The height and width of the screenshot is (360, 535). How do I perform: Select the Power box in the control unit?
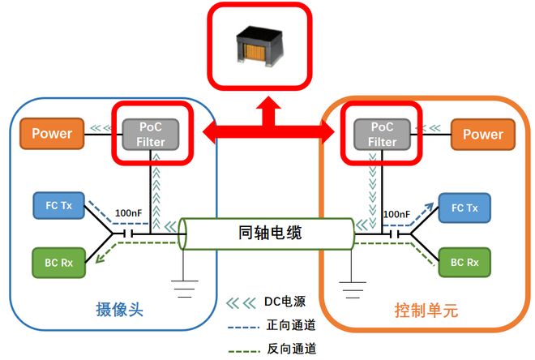(482, 134)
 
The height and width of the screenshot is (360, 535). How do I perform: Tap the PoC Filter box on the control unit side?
(383, 134)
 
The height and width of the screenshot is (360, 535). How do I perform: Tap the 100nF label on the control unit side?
(396, 215)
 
